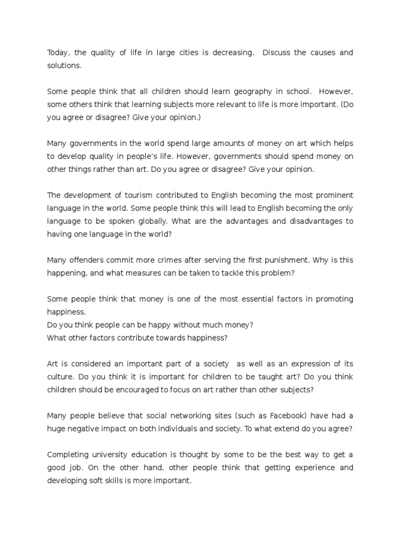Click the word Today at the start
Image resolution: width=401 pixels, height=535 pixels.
pos(58,53)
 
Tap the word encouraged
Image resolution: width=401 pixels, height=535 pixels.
pos(128,389)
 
